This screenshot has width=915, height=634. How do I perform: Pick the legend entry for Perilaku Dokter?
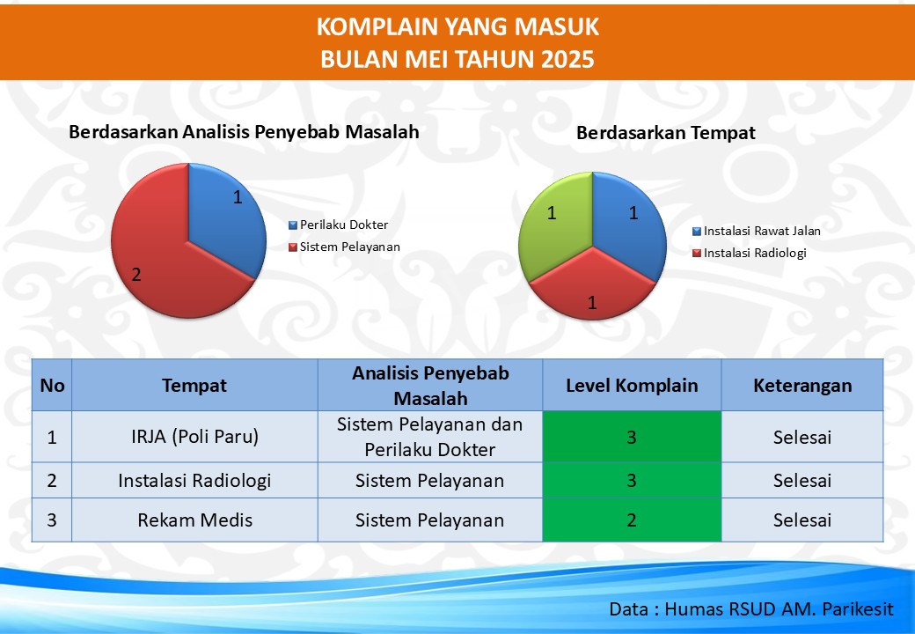tap(339, 225)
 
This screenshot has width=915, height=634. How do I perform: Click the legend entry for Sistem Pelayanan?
tap(344, 247)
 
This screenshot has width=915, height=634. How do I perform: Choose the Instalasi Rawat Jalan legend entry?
tap(757, 232)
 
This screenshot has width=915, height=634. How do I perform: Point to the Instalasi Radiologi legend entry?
tap(750, 253)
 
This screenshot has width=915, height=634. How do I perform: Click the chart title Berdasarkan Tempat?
tap(666, 133)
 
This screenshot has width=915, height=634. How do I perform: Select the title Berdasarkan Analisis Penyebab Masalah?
tap(244, 132)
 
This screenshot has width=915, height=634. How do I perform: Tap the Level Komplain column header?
tap(632, 386)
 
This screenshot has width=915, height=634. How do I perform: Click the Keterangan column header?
tap(802, 386)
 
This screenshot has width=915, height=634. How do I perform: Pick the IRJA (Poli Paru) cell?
tap(195, 437)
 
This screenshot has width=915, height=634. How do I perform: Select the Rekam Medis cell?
tap(195, 520)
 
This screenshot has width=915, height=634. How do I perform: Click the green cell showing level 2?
tap(632, 520)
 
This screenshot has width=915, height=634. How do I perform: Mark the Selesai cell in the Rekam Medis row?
tap(802, 520)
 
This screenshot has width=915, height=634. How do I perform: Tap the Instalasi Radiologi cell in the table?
tap(195, 481)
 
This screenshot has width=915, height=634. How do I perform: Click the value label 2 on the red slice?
tap(136, 275)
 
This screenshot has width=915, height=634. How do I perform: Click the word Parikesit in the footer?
tap(858, 608)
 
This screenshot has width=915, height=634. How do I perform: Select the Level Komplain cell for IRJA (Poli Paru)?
tap(632, 437)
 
